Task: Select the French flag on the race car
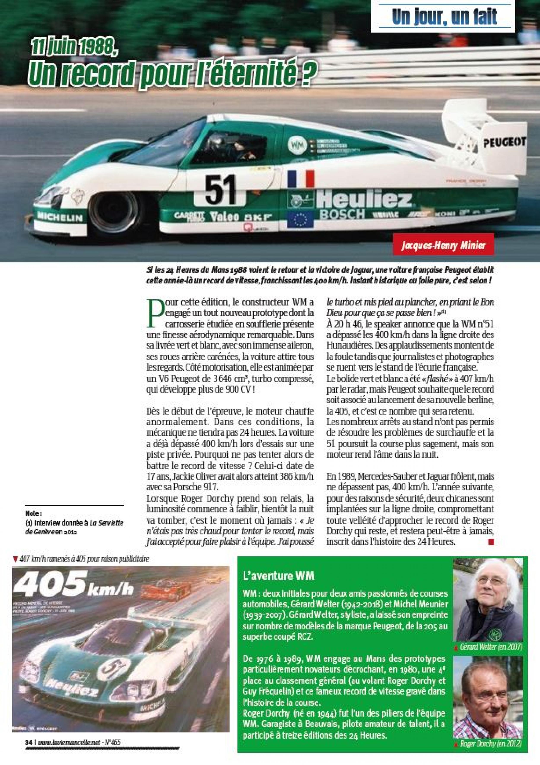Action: pyautogui.click(x=301, y=179)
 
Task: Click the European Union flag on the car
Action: pyautogui.click(x=301, y=219)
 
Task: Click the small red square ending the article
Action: pyautogui.click(x=491, y=543)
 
